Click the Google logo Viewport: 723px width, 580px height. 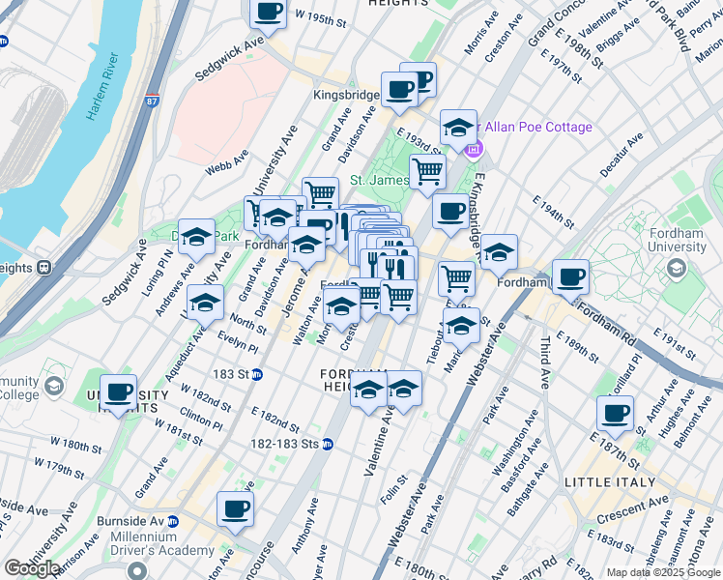click(x=32, y=567)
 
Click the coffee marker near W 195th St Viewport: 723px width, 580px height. click(x=269, y=14)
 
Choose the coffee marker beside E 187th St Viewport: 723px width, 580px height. click(x=615, y=414)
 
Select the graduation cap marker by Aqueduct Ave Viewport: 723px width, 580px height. click(x=205, y=304)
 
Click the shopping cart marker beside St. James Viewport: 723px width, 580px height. click(x=427, y=173)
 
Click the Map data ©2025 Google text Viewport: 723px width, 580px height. click(x=664, y=572)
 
